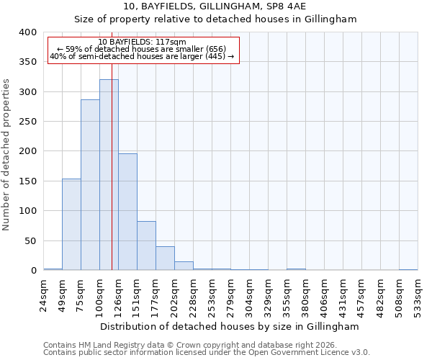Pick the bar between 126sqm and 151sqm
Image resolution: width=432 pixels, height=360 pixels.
point(127,212)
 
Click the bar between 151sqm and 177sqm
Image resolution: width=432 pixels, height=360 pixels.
point(146,246)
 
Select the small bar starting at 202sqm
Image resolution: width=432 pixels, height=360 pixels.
point(184,266)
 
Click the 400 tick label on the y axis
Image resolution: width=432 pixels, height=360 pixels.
point(28,32)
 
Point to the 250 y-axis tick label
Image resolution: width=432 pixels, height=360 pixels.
point(28,122)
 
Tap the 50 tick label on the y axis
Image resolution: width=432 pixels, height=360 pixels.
point(31,240)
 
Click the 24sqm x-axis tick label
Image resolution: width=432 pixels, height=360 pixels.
point(44,293)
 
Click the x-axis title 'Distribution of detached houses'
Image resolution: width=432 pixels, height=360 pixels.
point(229,326)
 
